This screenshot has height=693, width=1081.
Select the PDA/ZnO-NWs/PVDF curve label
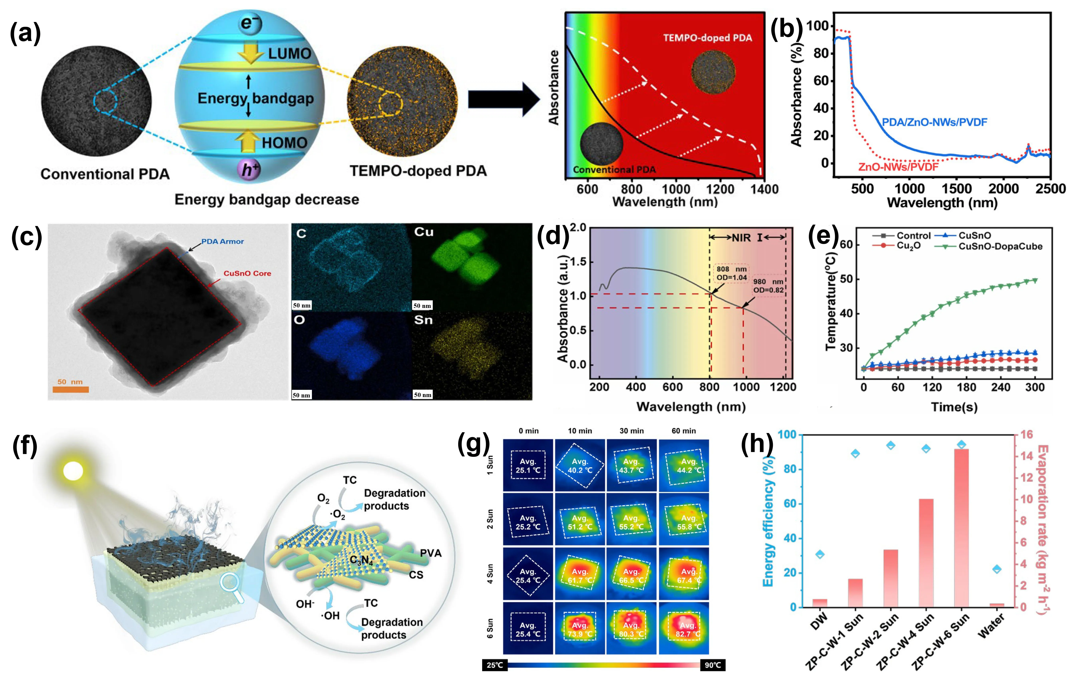(x=934, y=122)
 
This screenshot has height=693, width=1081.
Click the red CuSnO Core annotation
(x=247, y=273)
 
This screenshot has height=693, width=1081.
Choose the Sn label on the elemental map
(x=423, y=320)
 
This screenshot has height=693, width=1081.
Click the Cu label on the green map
(x=424, y=232)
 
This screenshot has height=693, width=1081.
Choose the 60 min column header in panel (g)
(x=683, y=431)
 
